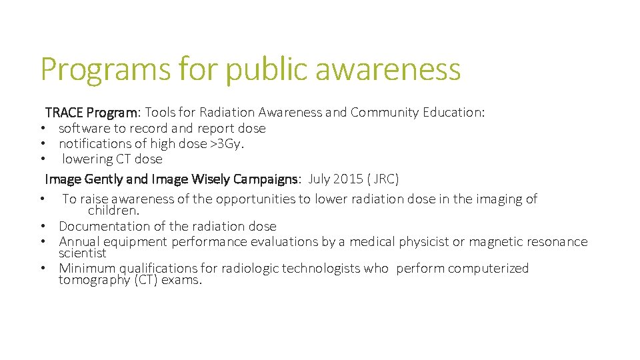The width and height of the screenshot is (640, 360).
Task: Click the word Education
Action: (453, 112)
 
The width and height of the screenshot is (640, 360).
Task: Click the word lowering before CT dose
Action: (87, 159)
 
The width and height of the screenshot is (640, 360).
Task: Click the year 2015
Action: (347, 179)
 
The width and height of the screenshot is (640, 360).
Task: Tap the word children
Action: (113, 211)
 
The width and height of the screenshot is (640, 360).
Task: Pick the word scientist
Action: (82, 253)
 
